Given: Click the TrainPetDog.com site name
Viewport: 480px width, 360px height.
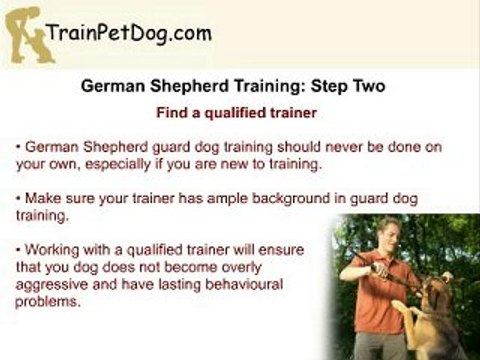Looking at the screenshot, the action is click(129, 34).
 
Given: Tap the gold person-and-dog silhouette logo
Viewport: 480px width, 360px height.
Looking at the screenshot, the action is click(29, 35).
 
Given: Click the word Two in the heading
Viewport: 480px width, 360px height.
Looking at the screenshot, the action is click(369, 86).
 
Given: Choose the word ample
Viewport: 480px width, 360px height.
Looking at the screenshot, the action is click(227, 199).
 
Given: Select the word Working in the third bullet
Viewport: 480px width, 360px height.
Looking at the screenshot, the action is click(52, 250).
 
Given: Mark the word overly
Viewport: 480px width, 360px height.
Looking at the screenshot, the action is click(241, 268).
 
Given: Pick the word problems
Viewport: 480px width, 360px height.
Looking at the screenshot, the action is click(48, 302).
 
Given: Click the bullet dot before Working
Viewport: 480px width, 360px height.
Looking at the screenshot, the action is click(18, 250).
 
